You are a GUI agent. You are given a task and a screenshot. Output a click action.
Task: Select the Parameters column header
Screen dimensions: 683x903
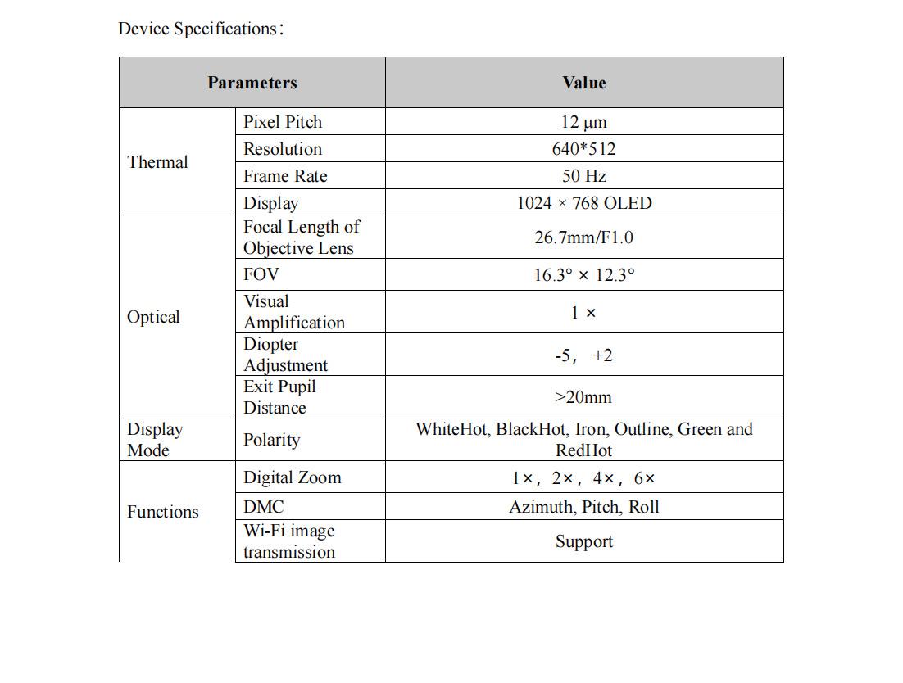pyautogui.click(x=252, y=83)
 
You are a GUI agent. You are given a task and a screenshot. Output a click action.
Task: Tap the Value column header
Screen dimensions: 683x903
pyautogui.click(x=583, y=83)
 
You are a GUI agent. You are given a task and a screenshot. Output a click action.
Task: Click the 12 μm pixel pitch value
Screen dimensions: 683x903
pyautogui.click(x=583, y=122)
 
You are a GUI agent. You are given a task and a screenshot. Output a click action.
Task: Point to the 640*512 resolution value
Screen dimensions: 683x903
pyautogui.click(x=583, y=149)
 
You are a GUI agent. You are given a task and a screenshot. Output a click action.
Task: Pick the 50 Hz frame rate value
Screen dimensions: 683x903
pyautogui.click(x=583, y=176)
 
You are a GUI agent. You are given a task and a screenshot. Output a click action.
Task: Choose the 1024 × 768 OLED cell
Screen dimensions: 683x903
pyautogui.click(x=583, y=203)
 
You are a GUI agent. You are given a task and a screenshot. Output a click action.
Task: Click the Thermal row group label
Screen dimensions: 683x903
pyautogui.click(x=157, y=162)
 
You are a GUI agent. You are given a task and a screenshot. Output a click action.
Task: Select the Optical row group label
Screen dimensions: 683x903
pyautogui.click(x=153, y=317)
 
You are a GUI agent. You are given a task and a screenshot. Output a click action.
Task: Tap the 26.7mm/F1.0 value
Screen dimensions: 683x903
pyautogui.click(x=583, y=237)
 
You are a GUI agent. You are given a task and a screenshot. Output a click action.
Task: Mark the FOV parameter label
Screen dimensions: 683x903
pyautogui.click(x=261, y=274)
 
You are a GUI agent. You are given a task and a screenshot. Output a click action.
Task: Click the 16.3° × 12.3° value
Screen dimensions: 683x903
pyautogui.click(x=583, y=275)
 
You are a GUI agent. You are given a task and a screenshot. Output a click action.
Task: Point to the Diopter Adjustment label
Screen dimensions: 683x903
pyautogui.click(x=285, y=355)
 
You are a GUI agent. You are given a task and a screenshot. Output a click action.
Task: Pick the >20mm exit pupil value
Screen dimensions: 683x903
pyautogui.click(x=583, y=397)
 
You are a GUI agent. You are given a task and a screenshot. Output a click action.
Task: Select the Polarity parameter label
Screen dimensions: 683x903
pyautogui.click(x=271, y=440)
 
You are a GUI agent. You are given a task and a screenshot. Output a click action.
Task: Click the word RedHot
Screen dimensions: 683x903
pyautogui.click(x=583, y=450)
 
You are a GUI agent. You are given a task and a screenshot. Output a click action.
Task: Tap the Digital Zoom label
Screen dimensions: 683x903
pyautogui.click(x=292, y=477)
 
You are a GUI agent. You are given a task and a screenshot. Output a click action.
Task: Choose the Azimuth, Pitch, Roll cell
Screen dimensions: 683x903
pyautogui.click(x=583, y=507)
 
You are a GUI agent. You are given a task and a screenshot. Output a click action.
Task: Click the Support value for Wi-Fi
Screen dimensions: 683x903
pyautogui.click(x=583, y=541)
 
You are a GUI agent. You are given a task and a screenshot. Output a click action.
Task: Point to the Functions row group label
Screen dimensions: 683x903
pyautogui.click(x=162, y=512)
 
